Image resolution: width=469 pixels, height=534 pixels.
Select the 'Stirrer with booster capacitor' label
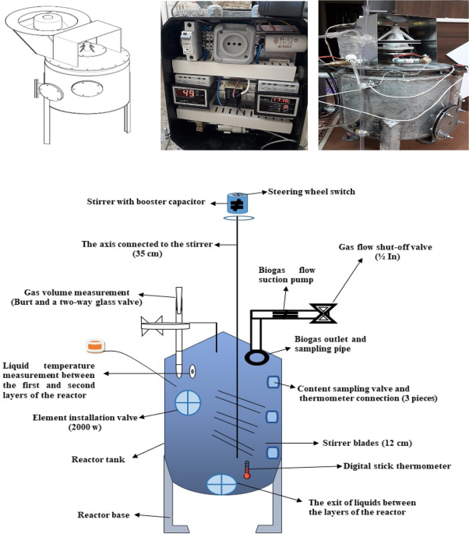coord(146,202)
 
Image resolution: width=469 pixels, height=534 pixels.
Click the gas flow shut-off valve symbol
coord(320,314)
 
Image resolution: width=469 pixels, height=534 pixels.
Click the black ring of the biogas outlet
coord(256,355)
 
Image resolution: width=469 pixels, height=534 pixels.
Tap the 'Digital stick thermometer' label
coord(397,466)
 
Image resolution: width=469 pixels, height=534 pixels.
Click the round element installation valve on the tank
coord(188,402)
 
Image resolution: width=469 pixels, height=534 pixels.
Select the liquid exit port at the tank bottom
coord(221,484)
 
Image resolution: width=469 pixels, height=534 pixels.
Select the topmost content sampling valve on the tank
coord(273,381)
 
